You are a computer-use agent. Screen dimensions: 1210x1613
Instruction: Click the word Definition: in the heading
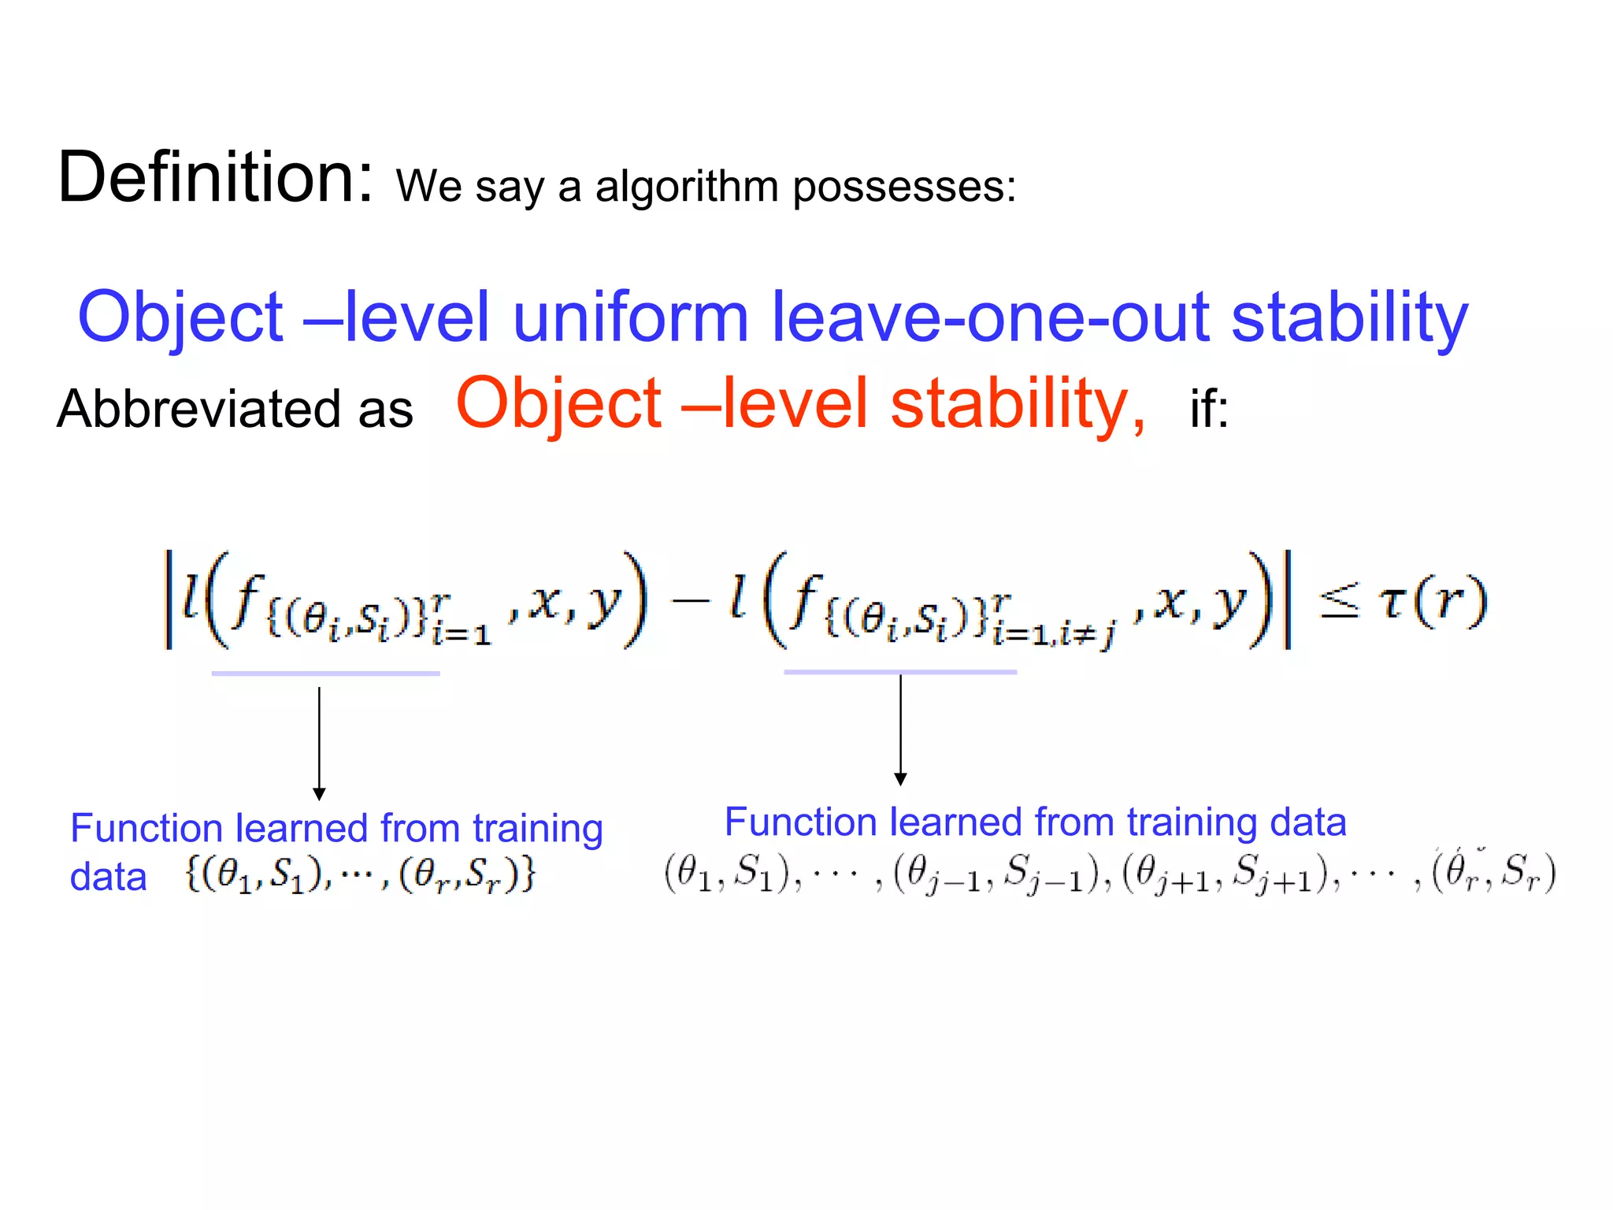coord(214,178)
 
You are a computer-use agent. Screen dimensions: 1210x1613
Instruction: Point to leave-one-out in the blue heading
coord(989,317)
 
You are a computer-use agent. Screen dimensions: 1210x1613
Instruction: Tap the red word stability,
coord(1018,403)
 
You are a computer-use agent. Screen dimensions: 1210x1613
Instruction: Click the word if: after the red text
coord(1208,410)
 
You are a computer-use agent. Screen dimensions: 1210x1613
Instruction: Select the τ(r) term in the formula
coord(1432,603)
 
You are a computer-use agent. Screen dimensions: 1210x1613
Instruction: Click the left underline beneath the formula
coord(325,674)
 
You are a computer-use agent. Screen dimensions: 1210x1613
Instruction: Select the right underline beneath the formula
coord(899,672)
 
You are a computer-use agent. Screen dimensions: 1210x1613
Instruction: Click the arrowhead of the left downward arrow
coord(319,794)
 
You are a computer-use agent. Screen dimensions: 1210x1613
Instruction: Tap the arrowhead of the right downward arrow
coord(900,779)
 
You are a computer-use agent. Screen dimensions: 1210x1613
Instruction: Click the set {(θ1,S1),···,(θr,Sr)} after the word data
coord(361,874)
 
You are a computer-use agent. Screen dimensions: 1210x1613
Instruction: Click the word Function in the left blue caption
coord(146,829)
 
